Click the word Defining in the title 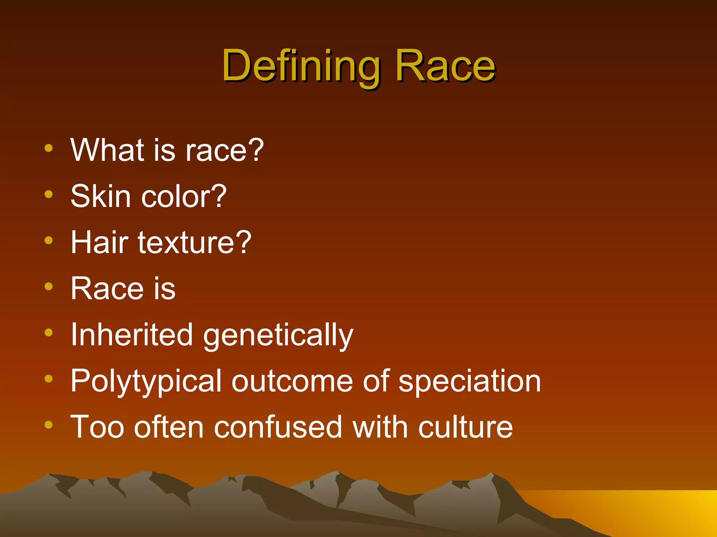pos(301,66)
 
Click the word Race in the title pos(445,66)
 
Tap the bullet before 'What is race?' pos(49,148)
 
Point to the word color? pos(184,196)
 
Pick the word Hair pos(99,242)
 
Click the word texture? pos(195,242)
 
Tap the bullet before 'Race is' pos(49,287)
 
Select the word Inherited pos(132,335)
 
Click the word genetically pos(278,336)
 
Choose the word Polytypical pos(146,382)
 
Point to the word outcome pos(292,381)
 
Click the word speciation pos(470,382)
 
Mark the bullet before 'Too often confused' pos(49,425)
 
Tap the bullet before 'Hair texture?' pos(49,241)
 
